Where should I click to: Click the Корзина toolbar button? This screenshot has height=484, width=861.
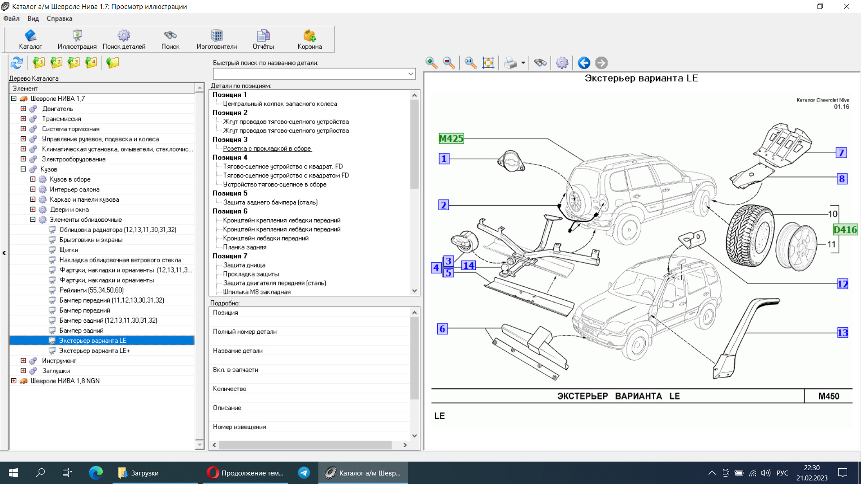tap(309, 39)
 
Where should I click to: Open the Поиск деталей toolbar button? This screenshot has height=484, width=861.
tap(124, 39)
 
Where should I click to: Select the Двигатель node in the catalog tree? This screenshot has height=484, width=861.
tap(57, 109)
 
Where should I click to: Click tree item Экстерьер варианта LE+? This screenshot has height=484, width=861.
tap(95, 351)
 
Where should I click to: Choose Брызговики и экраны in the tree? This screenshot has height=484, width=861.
tap(91, 240)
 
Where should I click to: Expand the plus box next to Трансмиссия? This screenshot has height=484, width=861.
tap(23, 119)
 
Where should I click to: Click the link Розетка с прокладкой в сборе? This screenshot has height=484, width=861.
tap(267, 149)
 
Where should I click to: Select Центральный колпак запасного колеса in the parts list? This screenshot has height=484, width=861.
tap(280, 104)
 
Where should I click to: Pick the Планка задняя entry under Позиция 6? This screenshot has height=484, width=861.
tap(245, 247)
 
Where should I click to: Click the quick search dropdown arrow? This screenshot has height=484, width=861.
tap(411, 73)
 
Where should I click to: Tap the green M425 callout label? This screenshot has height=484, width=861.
tap(451, 138)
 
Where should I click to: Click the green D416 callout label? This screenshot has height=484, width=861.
tap(845, 230)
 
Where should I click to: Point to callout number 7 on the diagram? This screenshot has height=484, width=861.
tap(841, 153)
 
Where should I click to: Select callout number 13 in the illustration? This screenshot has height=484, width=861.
tap(843, 333)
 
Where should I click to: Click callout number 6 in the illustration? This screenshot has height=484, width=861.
tap(442, 329)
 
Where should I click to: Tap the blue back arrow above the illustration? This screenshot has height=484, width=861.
tap(584, 63)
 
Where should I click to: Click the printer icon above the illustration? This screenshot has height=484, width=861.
tap(510, 63)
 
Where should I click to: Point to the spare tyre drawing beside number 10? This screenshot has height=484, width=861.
tap(750, 236)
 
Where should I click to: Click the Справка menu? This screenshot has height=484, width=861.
tap(59, 19)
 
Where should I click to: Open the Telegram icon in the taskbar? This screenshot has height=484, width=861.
tap(304, 473)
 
